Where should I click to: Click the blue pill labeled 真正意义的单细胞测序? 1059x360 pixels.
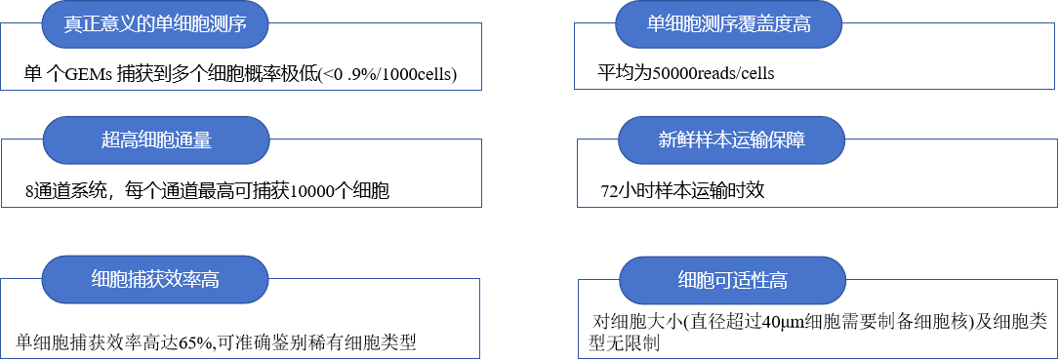tap(154, 24)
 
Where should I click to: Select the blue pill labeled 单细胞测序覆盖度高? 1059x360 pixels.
tap(728, 24)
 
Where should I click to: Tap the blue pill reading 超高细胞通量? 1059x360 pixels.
tap(156, 140)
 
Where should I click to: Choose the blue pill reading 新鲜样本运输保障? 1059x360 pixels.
tap(731, 140)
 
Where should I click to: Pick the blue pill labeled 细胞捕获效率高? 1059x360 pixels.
tap(154, 280)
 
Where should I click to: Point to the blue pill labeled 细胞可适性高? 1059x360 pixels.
tap(732, 281)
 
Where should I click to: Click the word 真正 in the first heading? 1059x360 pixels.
tap(82, 24)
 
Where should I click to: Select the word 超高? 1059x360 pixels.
tap(119, 140)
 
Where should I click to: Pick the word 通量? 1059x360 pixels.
tap(193, 140)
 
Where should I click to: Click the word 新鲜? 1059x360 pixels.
tap(675, 140)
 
